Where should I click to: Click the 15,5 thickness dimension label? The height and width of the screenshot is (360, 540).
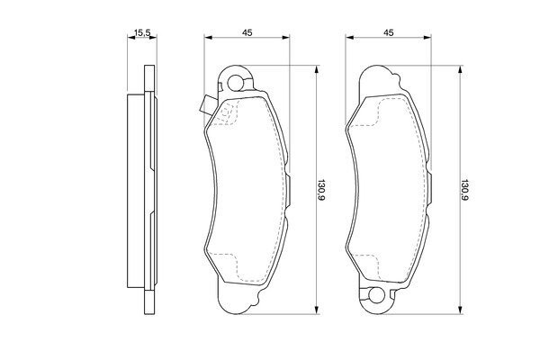(142, 33)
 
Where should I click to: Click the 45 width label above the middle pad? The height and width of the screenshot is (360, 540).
(247, 32)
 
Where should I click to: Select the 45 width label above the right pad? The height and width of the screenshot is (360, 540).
(389, 32)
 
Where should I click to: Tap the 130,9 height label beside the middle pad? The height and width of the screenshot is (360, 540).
(320, 190)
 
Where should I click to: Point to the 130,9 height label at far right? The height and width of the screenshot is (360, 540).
(465, 190)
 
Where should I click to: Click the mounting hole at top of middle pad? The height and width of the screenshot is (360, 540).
(235, 82)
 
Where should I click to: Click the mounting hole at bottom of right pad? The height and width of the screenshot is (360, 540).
(376, 295)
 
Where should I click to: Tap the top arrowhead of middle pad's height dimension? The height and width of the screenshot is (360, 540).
(316, 69)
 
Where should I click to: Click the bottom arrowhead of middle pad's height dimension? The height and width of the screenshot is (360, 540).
(316, 310)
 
